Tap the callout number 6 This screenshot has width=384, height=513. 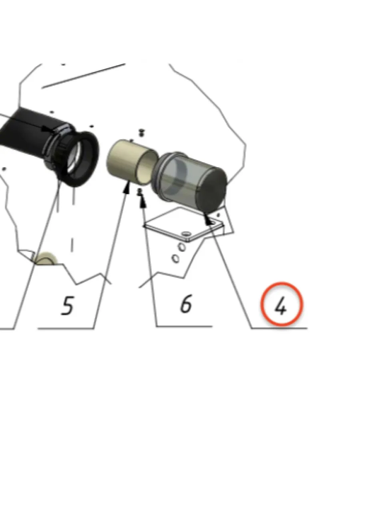click(x=186, y=303)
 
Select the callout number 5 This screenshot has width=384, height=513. click(x=67, y=305)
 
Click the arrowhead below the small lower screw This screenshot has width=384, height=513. click(x=143, y=202)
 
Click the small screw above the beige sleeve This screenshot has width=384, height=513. click(x=141, y=133)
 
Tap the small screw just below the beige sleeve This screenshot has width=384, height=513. click(x=140, y=192)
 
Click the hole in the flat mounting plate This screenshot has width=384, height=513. click(x=186, y=234)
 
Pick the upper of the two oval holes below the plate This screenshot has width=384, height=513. click(x=182, y=247)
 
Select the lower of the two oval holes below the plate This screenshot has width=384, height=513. click(x=175, y=259)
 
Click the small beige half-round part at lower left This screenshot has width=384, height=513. click(x=46, y=259)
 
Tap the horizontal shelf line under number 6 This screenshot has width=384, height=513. click(x=185, y=326)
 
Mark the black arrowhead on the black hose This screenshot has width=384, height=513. click(x=48, y=129)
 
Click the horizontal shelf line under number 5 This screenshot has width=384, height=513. click(x=66, y=329)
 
